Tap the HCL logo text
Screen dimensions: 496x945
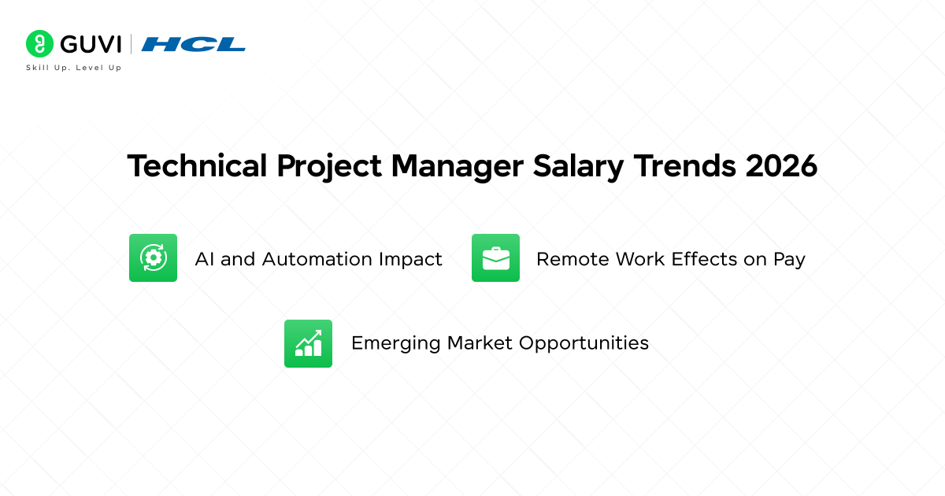[x=194, y=44]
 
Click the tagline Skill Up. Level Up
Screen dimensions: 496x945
[x=74, y=68]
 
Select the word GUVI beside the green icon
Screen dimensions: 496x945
[x=88, y=43]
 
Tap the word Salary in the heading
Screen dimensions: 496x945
[x=583, y=167]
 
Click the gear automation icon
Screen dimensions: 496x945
[x=153, y=257]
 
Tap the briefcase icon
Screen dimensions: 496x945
[x=495, y=257]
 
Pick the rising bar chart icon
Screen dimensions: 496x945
[x=308, y=343]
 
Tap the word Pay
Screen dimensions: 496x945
[x=789, y=259]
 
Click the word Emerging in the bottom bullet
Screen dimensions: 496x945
[x=396, y=343]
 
